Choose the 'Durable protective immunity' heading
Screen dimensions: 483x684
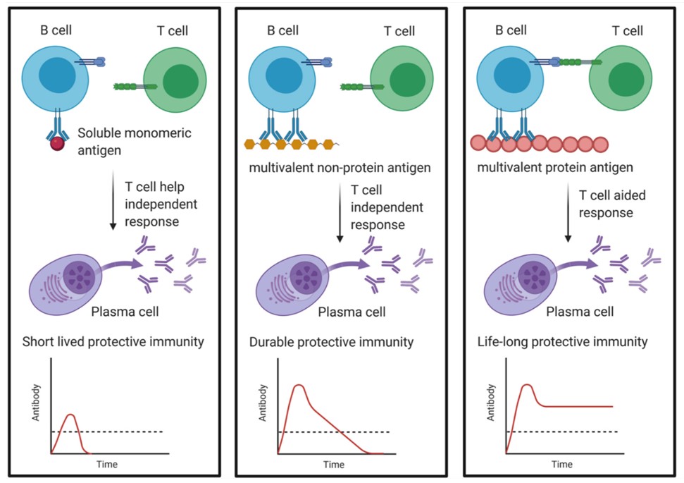coord(331,342)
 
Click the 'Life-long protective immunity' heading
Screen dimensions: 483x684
coord(561,342)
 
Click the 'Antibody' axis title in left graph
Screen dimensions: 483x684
coord(37,403)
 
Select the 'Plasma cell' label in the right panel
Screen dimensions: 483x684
coord(580,312)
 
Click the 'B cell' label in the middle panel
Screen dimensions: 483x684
coord(282,30)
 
